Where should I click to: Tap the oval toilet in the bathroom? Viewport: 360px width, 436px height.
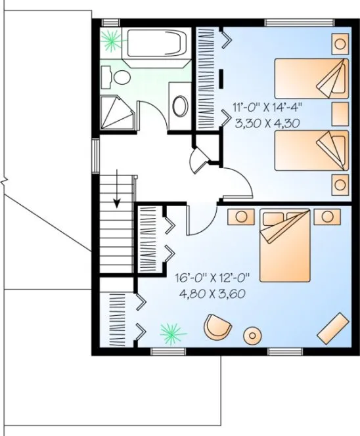tap(119, 77)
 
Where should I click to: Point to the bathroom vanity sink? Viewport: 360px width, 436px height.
tap(179, 106)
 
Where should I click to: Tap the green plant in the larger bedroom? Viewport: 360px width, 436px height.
tap(171, 333)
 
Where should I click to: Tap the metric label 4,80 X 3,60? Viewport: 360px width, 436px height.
tap(212, 294)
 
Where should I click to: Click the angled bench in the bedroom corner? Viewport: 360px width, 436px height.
tap(334, 327)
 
